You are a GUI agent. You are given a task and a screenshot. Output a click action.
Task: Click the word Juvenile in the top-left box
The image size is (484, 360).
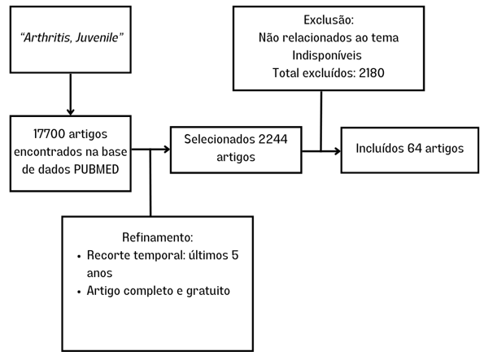click(x=99, y=37)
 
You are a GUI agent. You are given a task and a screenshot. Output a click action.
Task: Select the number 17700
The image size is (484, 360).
click(x=49, y=134)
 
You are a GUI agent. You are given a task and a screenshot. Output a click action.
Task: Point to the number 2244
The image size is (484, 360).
click(x=273, y=139)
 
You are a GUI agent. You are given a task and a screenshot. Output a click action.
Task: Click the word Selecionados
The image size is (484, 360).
click(x=220, y=139)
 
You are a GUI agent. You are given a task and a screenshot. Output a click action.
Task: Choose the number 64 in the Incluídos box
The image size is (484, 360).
click(x=415, y=149)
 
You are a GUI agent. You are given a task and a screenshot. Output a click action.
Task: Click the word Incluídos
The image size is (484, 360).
click(x=380, y=149)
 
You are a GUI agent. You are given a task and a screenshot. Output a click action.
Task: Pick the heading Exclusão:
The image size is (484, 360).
click(x=329, y=20)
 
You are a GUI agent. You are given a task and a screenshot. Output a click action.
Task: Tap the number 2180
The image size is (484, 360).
click(x=372, y=73)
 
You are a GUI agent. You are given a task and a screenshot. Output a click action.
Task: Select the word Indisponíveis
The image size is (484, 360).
click(x=327, y=55)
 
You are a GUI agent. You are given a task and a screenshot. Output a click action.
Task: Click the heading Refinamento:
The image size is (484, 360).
click(x=158, y=237)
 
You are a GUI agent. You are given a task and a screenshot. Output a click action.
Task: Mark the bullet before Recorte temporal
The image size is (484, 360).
click(x=80, y=256)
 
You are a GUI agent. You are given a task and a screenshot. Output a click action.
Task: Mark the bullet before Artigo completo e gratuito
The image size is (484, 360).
click(x=80, y=292)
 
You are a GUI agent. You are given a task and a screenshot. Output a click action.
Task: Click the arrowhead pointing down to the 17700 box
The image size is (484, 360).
click(x=71, y=111)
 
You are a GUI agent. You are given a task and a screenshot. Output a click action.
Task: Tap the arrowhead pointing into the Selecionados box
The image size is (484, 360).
click(x=167, y=150)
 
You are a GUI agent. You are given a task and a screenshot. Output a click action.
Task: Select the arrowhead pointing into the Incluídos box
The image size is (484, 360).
click(x=338, y=151)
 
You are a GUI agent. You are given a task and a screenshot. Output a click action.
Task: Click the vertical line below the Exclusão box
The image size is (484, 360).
click(x=321, y=121)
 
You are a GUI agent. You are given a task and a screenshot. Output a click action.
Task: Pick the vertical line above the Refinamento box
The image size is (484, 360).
click(x=150, y=183)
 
